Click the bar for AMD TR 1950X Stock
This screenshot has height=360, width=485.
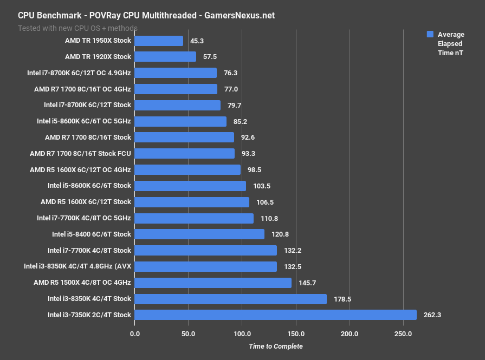pos(158,41)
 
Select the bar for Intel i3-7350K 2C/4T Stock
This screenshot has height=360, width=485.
pos(275,315)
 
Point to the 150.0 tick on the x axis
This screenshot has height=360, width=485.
pos(296,333)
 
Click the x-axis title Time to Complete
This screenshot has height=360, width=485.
pos(275,346)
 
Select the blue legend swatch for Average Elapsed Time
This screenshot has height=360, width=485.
pos(430,34)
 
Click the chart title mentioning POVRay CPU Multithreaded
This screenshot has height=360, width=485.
pos(146,16)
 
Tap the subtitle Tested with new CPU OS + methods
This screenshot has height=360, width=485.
pos(77,28)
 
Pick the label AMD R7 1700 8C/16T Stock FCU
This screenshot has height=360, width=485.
pos(80,154)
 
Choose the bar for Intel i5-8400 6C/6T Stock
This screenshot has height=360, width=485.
pos(199,234)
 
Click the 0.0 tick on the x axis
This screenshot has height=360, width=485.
pos(134,333)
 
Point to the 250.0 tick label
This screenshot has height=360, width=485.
pos(403,333)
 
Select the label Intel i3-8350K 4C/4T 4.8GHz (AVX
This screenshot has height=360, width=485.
pos(77,266)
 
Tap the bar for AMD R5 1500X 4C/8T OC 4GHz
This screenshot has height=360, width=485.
pos(212,283)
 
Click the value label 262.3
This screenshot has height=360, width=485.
pos(432,315)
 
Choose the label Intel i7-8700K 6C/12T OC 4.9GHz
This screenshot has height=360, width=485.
pos(79,73)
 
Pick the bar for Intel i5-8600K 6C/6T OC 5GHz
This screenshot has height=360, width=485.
pos(180,121)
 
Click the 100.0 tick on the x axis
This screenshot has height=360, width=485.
pos(242,333)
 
